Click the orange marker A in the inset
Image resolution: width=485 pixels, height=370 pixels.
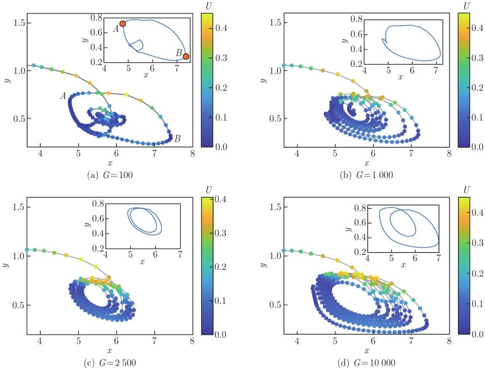pos(123,24)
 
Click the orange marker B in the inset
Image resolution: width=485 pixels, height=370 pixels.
pos(186,57)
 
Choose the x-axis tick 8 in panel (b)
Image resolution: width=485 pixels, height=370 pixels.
pos(448,153)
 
